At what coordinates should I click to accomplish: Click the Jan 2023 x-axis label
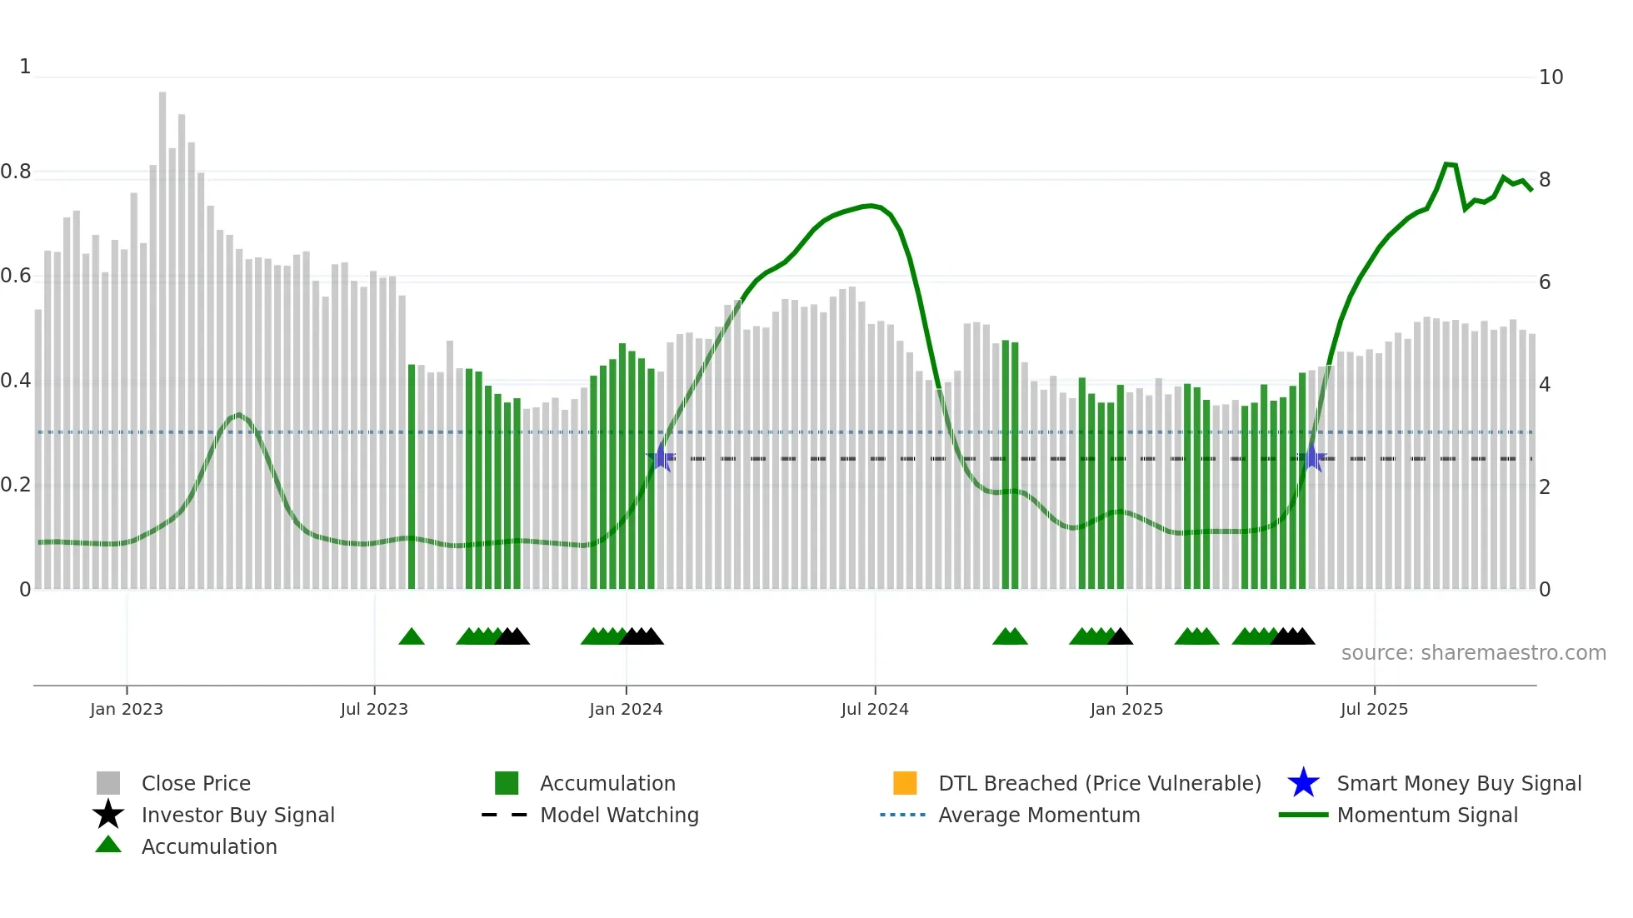click(127, 709)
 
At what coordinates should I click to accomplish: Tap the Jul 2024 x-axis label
click(874, 709)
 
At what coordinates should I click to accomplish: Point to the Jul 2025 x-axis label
click(1374, 709)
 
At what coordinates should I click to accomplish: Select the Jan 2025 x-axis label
click(1126, 709)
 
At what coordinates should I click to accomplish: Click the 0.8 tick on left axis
click(16, 172)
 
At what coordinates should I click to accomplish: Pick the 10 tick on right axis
click(1551, 77)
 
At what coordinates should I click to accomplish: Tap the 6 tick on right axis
click(1545, 282)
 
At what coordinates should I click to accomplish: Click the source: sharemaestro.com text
click(1473, 653)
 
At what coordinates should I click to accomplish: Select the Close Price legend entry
click(196, 783)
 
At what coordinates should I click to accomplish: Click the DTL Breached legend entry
click(1099, 783)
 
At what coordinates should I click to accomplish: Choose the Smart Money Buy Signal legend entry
click(1458, 783)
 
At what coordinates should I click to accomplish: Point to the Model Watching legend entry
click(619, 815)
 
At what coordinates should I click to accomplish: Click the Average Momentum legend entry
click(1038, 815)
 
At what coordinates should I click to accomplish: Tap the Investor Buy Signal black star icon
click(108, 815)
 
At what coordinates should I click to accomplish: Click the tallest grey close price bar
click(162, 333)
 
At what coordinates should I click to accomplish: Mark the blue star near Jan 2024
click(661, 457)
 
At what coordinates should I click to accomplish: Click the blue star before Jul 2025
click(1312, 457)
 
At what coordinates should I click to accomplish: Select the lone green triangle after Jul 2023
click(412, 637)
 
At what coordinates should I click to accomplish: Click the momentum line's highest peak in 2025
click(1446, 164)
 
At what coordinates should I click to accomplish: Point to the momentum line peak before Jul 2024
click(870, 205)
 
